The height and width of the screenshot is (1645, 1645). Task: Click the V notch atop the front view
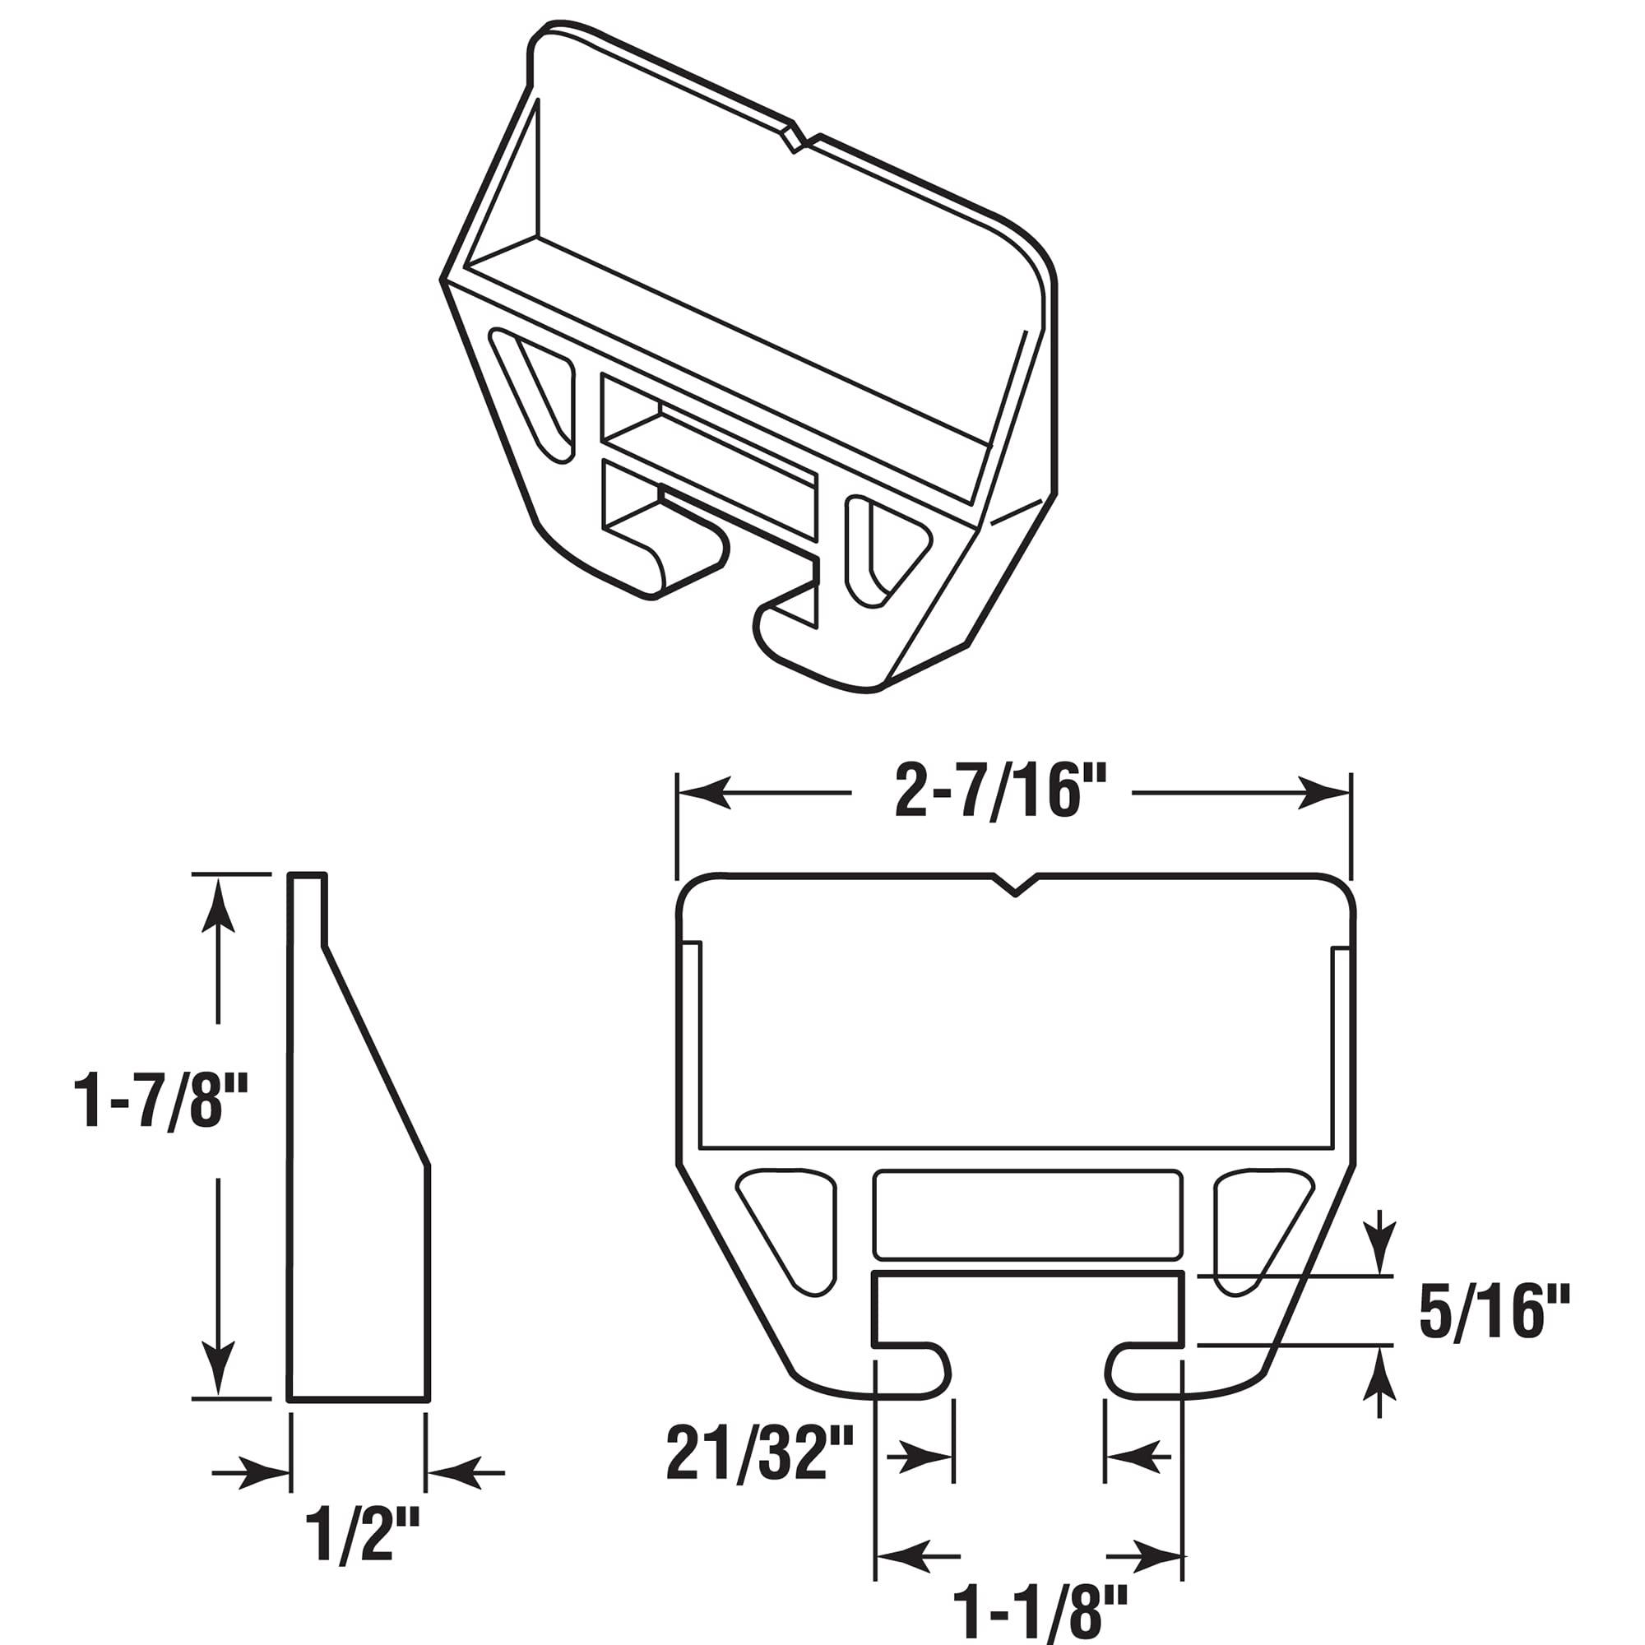pyautogui.click(x=1014, y=887)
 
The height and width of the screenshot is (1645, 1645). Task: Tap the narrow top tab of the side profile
pyautogui.click(x=308, y=906)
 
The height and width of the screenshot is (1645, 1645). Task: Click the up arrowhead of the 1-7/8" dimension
pyautogui.click(x=219, y=902)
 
